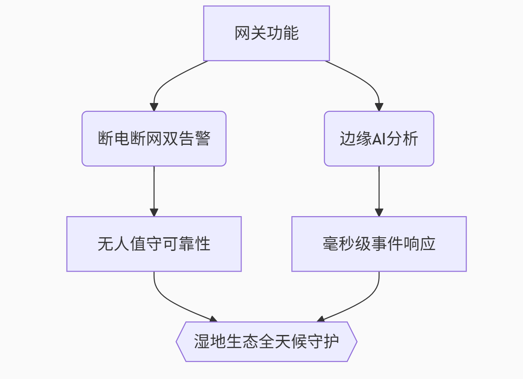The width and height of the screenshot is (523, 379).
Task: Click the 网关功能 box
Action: (266, 33)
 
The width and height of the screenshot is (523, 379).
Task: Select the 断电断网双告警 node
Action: (154, 138)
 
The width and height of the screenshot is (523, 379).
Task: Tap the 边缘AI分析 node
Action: (379, 138)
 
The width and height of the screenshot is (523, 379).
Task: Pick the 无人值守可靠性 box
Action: (154, 244)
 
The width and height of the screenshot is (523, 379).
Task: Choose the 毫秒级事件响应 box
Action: (379, 244)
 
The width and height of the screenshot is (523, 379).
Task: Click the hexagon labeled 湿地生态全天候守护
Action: (266, 342)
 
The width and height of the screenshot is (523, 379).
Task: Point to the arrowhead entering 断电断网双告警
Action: (154, 107)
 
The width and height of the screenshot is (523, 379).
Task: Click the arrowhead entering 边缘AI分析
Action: (379, 107)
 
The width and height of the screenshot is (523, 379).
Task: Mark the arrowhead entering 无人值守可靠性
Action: (154, 212)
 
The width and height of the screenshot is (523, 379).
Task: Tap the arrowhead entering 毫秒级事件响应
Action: (379, 212)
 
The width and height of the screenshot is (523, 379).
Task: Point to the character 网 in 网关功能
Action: (242, 33)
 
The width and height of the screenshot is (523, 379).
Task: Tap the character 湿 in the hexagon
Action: (202, 342)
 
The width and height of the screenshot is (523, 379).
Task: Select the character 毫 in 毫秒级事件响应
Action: (330, 244)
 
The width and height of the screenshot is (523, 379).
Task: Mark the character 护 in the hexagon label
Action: (331, 342)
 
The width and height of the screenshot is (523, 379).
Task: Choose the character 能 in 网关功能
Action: (291, 33)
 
